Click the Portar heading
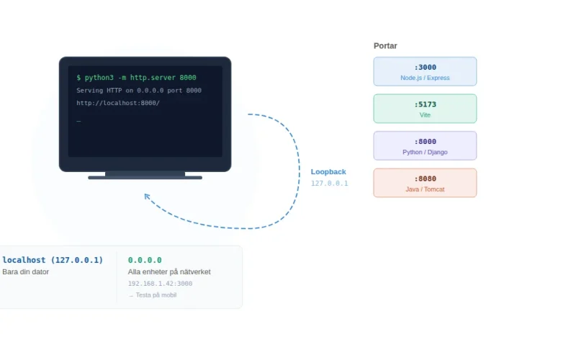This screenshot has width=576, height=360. (x=385, y=46)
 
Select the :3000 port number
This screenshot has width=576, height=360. (x=425, y=68)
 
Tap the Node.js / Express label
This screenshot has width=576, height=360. (x=425, y=78)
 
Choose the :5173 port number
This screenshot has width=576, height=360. (x=425, y=104)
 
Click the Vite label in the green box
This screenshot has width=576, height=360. (x=425, y=115)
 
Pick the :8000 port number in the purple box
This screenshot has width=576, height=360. (x=425, y=142)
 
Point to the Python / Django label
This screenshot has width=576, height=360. (x=425, y=152)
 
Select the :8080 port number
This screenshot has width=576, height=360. (x=425, y=179)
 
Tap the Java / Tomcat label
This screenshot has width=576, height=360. (x=425, y=189)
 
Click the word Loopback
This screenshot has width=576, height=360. (x=328, y=172)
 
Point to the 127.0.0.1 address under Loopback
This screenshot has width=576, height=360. (x=329, y=184)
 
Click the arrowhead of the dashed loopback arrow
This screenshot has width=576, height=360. (x=147, y=196)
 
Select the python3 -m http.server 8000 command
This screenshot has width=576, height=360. (x=136, y=78)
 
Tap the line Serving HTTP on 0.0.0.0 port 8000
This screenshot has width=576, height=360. (x=139, y=91)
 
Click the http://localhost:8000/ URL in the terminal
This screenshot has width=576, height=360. (x=118, y=103)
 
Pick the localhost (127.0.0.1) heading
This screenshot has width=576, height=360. (x=53, y=260)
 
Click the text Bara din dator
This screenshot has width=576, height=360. (x=25, y=272)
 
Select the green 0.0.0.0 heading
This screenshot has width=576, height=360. (x=145, y=260)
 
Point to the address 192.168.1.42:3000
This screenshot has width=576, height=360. (x=160, y=284)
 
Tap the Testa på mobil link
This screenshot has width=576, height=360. (x=153, y=295)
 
